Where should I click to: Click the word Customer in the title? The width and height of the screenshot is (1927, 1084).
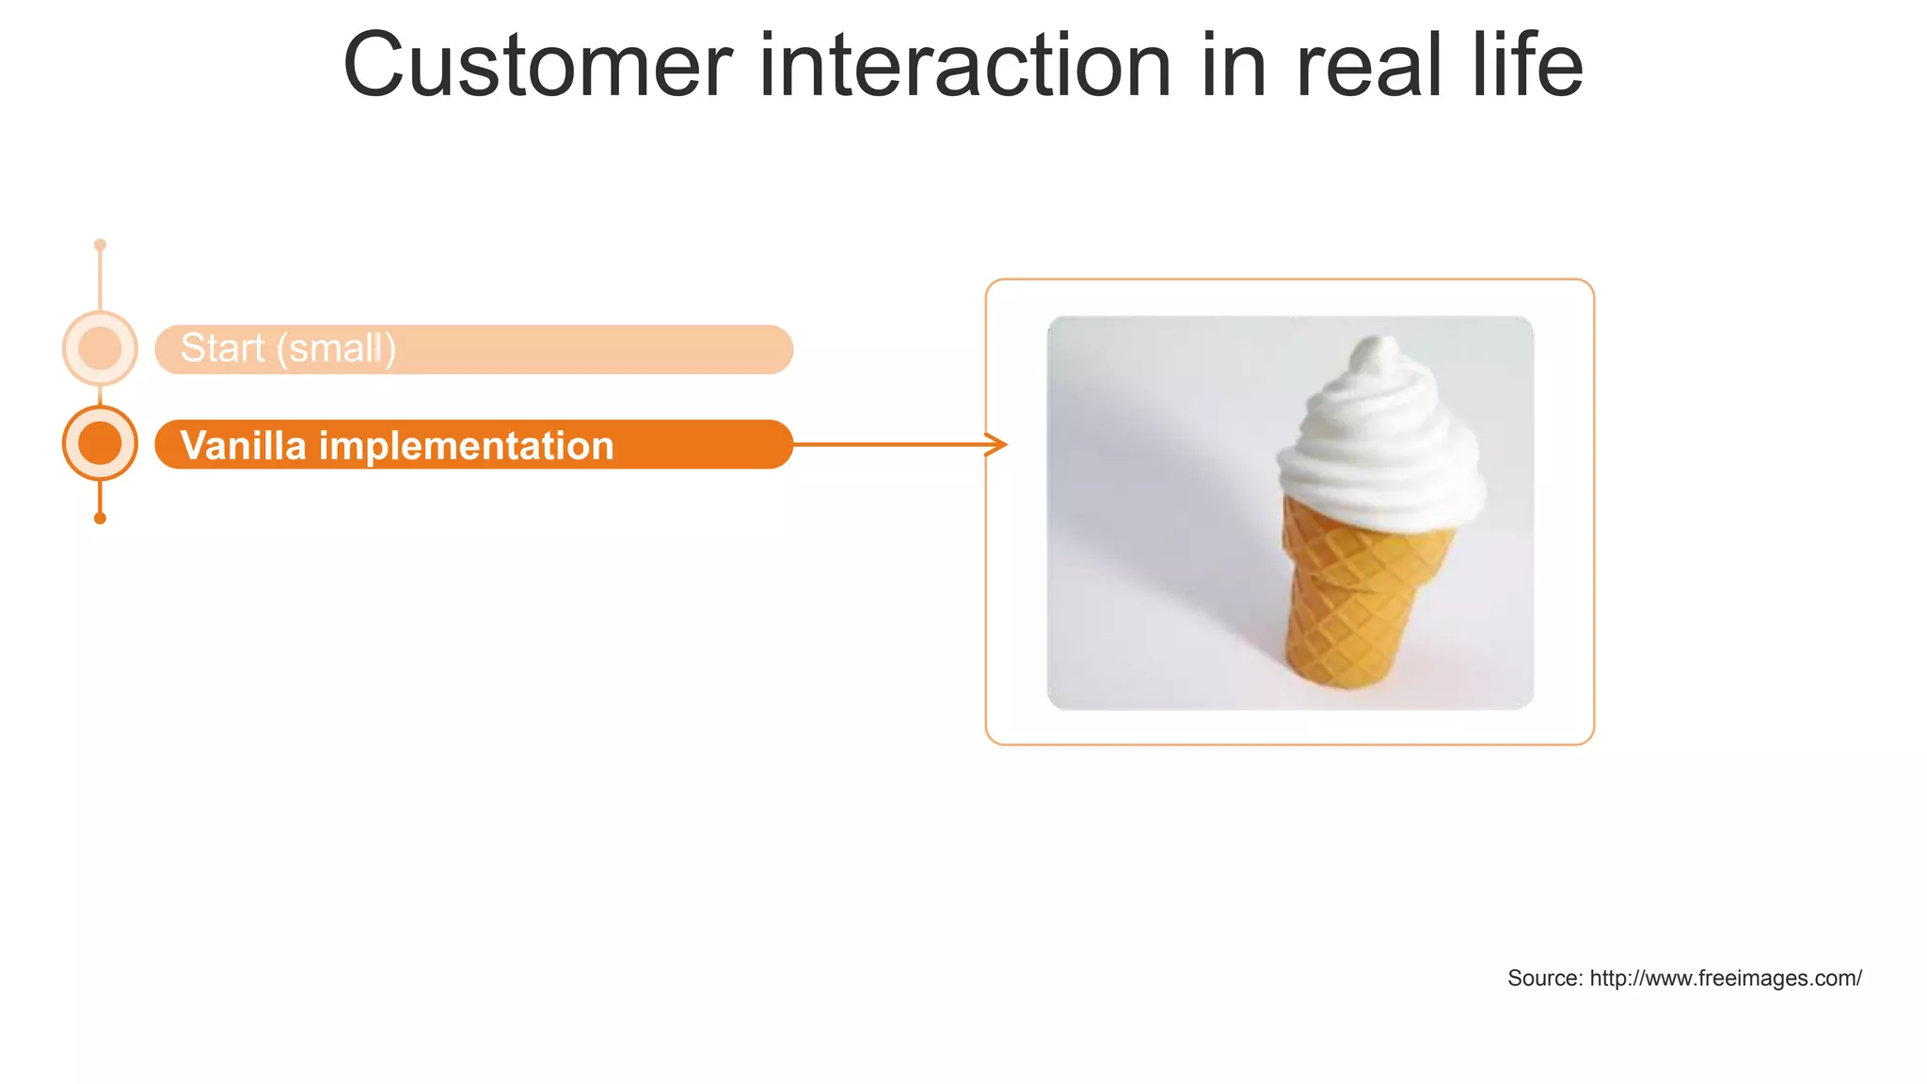(537, 66)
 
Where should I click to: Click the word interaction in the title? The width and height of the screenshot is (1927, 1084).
(964, 66)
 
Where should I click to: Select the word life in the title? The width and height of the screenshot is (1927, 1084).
(1528, 66)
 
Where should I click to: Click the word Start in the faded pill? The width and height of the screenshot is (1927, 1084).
(222, 348)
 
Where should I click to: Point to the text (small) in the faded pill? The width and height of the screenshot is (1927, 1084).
(336, 349)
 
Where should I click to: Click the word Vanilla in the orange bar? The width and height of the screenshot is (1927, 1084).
(243, 445)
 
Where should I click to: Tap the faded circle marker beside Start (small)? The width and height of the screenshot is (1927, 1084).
(100, 348)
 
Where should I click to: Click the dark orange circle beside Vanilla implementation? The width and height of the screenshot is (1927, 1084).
(100, 443)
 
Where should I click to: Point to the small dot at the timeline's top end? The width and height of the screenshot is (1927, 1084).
(100, 245)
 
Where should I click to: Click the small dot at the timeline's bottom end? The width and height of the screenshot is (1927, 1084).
(100, 518)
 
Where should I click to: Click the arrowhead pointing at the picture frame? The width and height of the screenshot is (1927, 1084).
(998, 444)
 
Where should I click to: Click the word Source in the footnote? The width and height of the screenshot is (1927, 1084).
(1544, 979)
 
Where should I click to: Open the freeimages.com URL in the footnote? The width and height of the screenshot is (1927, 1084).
(1726, 979)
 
